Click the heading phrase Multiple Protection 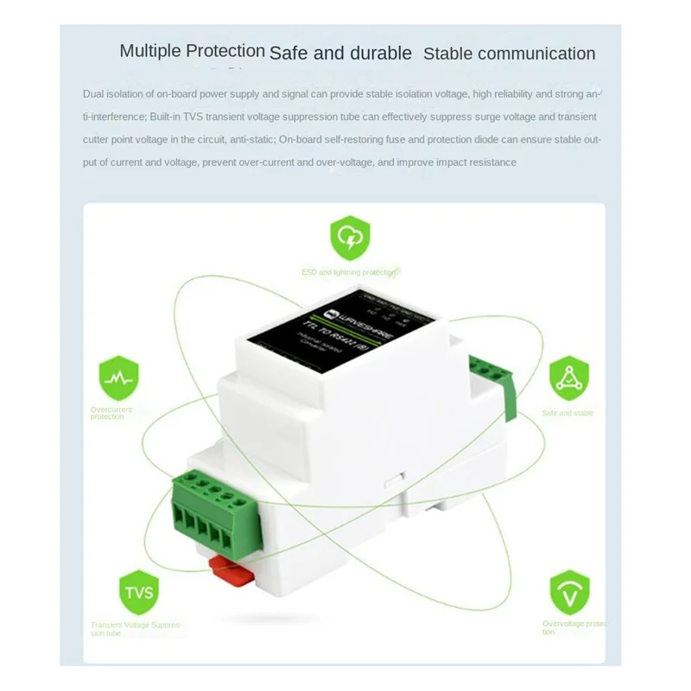point(192,50)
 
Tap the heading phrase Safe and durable point(340,53)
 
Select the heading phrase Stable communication point(509,53)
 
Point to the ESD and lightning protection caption point(349,272)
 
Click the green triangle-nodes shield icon point(567,377)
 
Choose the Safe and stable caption point(567,413)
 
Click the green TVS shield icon point(136,593)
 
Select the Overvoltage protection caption point(574,627)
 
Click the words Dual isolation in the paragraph point(111,93)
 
